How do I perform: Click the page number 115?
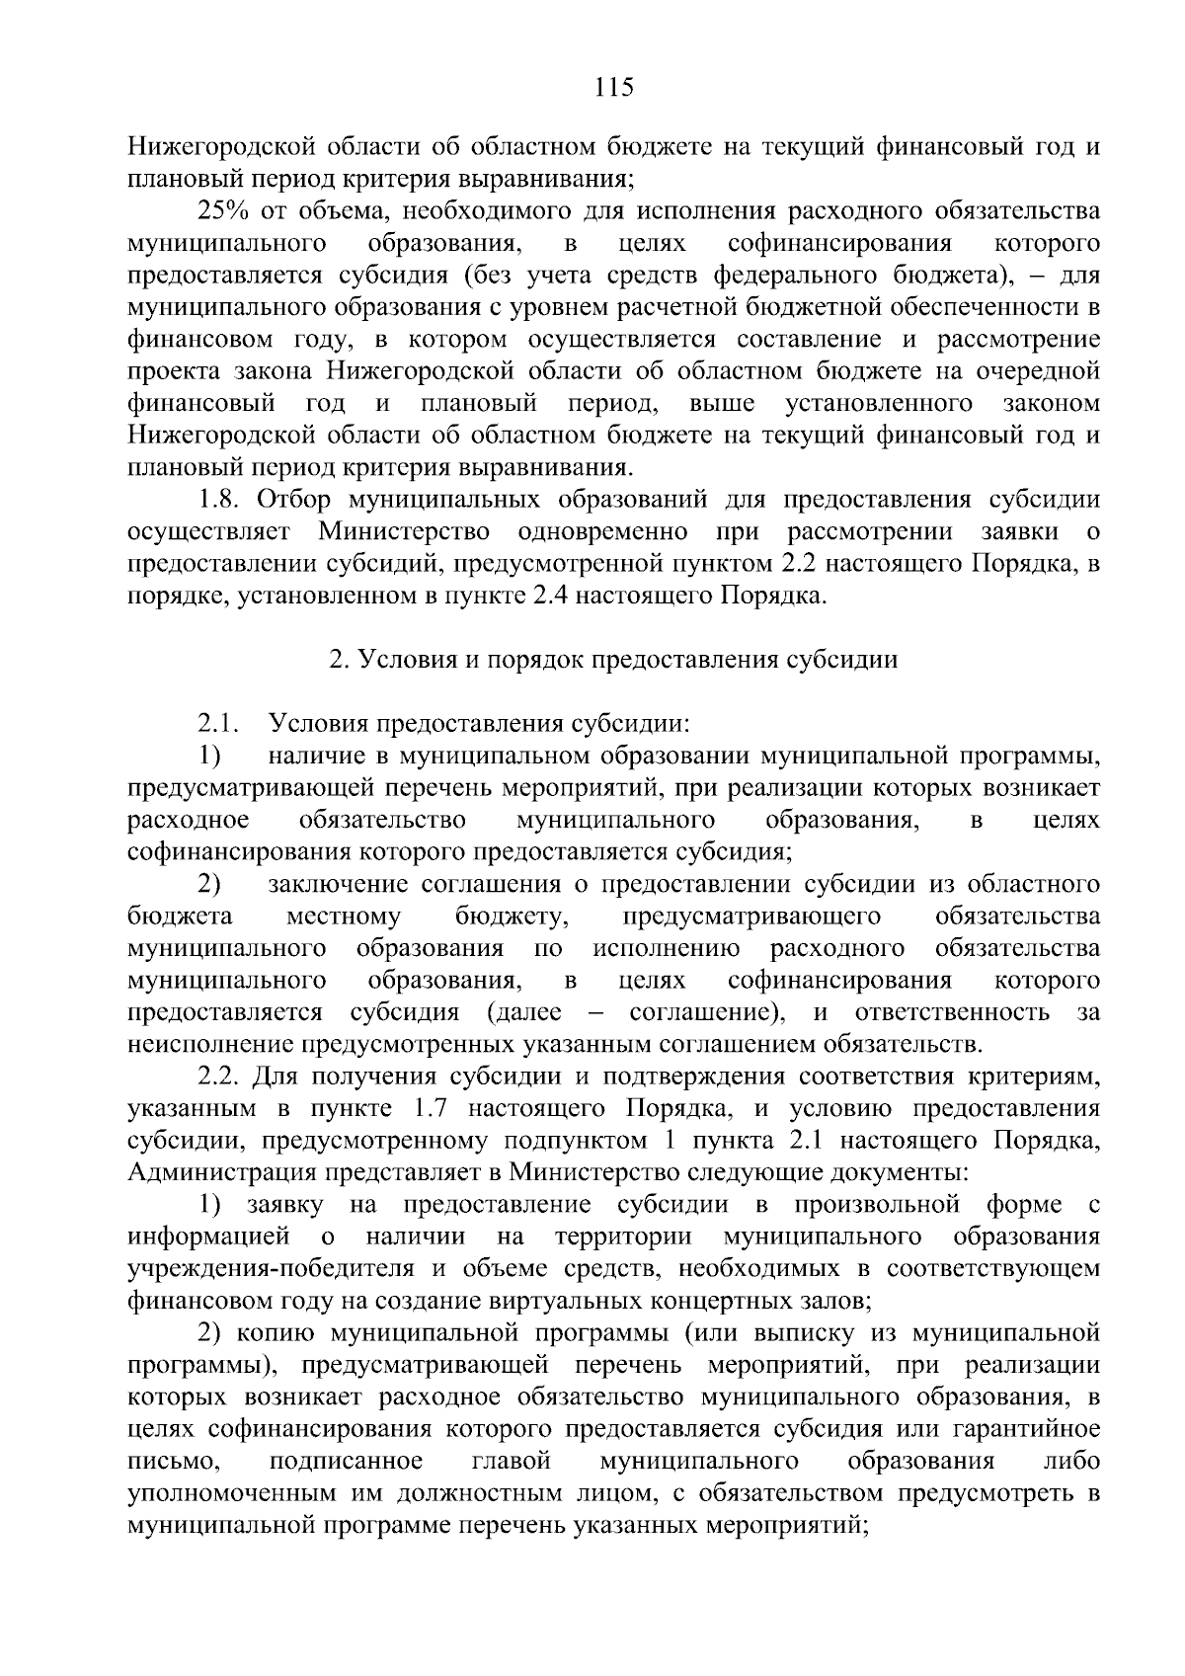tap(612, 87)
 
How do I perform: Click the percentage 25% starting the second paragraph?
tap(225, 210)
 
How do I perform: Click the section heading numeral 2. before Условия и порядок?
tap(336, 660)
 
